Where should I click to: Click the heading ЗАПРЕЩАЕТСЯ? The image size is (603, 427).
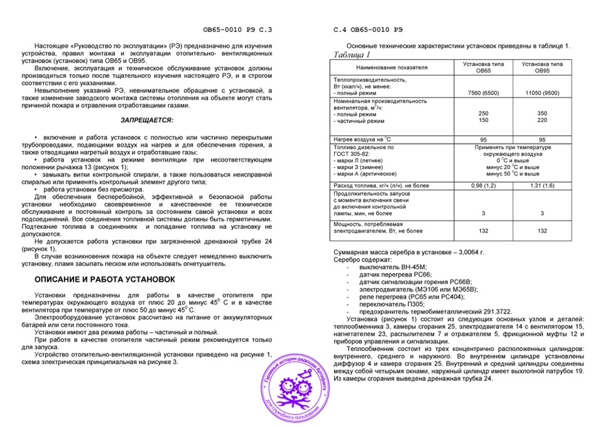(147, 119)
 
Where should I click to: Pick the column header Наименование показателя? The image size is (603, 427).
(391, 67)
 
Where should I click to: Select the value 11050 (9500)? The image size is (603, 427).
(541, 92)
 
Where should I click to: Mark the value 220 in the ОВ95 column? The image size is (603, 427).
(541, 119)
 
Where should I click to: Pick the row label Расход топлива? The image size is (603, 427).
(384, 186)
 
